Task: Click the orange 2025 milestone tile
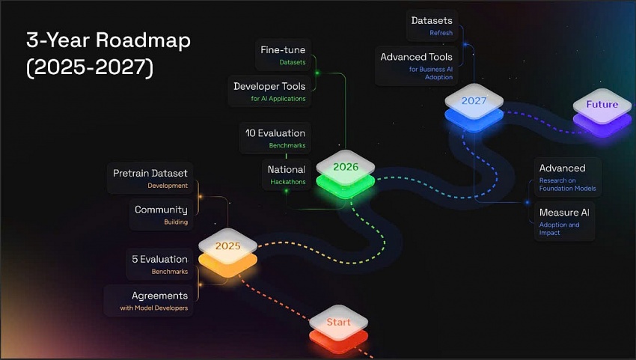point(227,247)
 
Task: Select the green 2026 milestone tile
point(345,168)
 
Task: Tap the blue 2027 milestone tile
point(474,102)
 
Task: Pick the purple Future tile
point(602,106)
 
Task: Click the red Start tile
point(338,324)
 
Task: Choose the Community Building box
point(160,215)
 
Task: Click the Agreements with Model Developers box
point(149,300)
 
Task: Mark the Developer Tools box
point(269,91)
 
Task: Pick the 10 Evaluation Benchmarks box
point(275,138)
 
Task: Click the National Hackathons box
point(286,174)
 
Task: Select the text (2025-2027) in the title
point(90,68)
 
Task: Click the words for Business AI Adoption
point(430,73)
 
